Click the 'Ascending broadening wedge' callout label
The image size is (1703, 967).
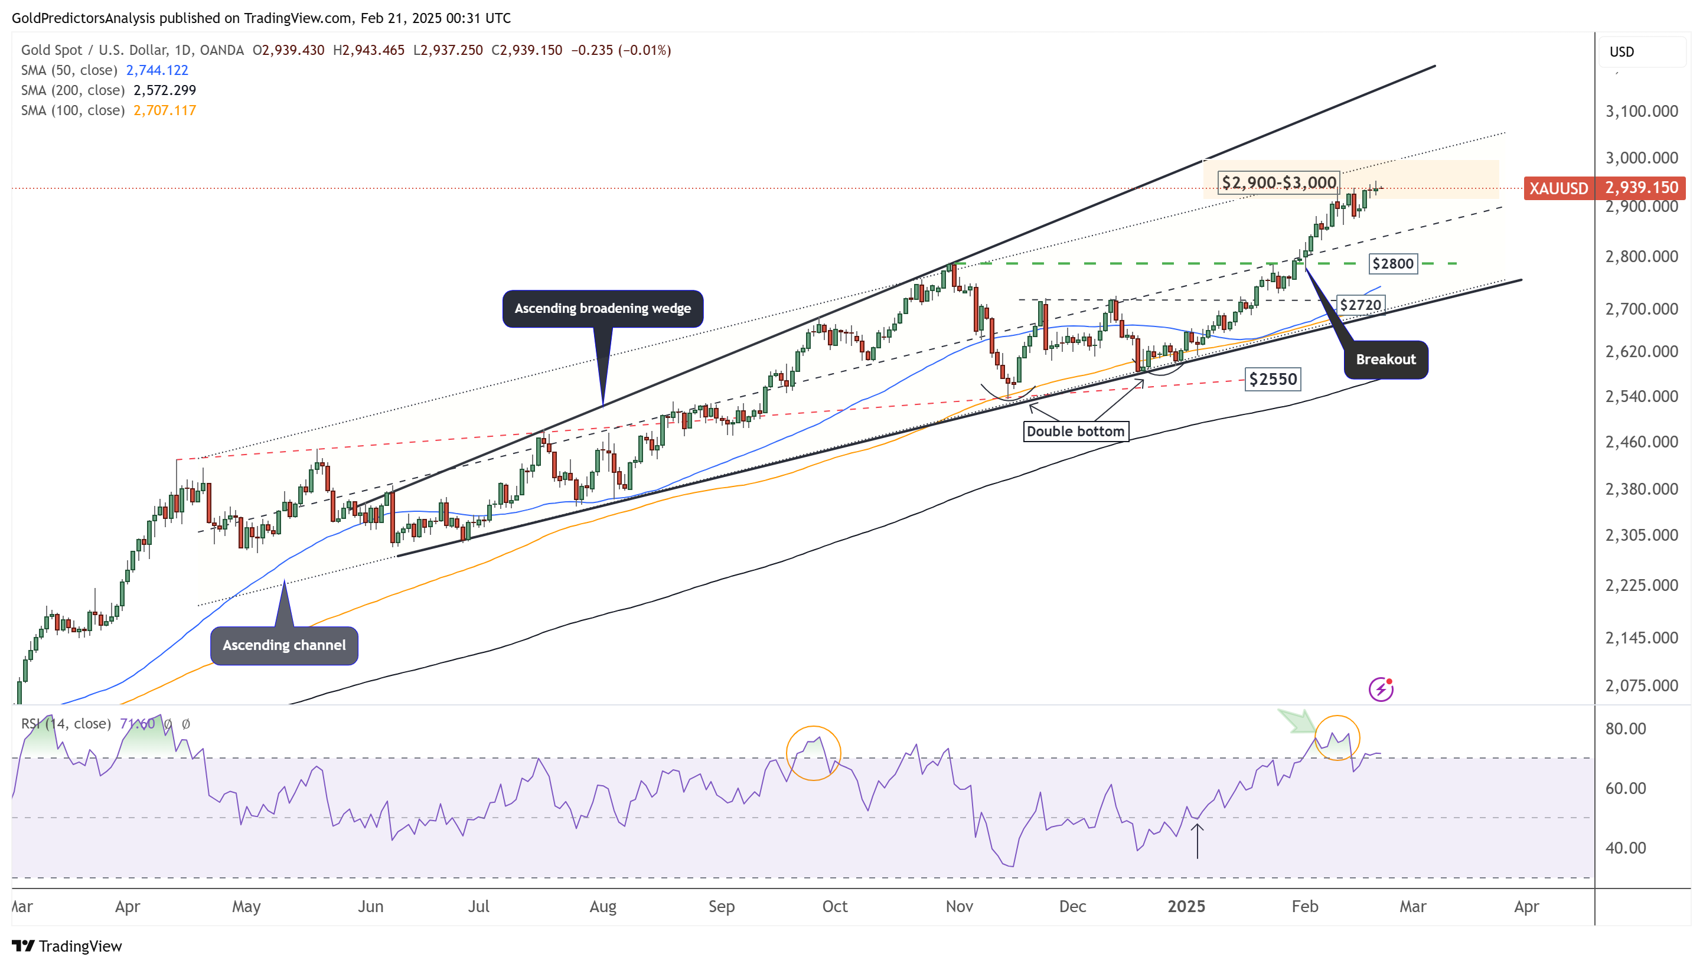[602, 308]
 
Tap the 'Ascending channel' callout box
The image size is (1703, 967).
[283, 645]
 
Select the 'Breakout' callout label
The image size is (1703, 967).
[1385, 360]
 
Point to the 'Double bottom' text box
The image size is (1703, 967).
[1075, 431]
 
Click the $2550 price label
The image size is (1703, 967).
[1273, 379]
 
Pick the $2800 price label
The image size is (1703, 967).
[1393, 264]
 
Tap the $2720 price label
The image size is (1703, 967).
[1361, 305]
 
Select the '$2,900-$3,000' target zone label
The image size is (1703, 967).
[1278, 182]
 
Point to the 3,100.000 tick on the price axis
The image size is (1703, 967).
[1641, 111]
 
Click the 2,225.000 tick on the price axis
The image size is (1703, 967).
[1641, 585]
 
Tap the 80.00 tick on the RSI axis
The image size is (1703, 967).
[1625, 728]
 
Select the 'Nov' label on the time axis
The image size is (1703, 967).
[959, 907]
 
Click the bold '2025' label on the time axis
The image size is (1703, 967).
[1186, 907]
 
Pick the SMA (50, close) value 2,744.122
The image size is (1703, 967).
[158, 70]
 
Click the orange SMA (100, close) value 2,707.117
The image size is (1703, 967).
[165, 110]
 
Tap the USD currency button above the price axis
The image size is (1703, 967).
[1622, 52]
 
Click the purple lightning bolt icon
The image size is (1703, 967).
[1381, 690]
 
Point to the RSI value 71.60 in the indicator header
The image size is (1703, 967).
[137, 723]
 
